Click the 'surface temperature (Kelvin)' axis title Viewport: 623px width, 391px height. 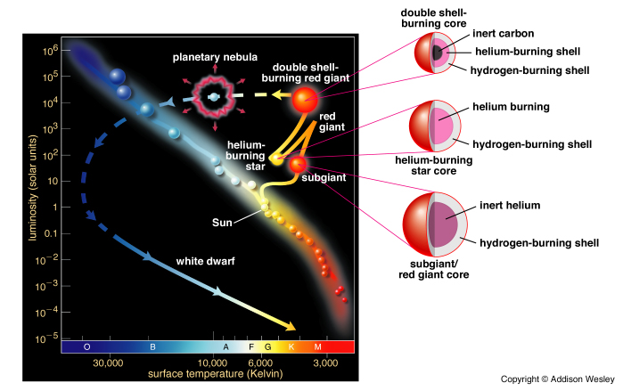tap(209, 374)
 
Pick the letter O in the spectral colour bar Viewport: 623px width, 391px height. tap(86, 346)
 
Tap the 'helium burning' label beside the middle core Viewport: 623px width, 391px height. tap(511, 107)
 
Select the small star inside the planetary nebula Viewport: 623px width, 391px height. tap(213, 96)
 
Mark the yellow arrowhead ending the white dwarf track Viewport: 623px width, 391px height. tap(290, 324)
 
